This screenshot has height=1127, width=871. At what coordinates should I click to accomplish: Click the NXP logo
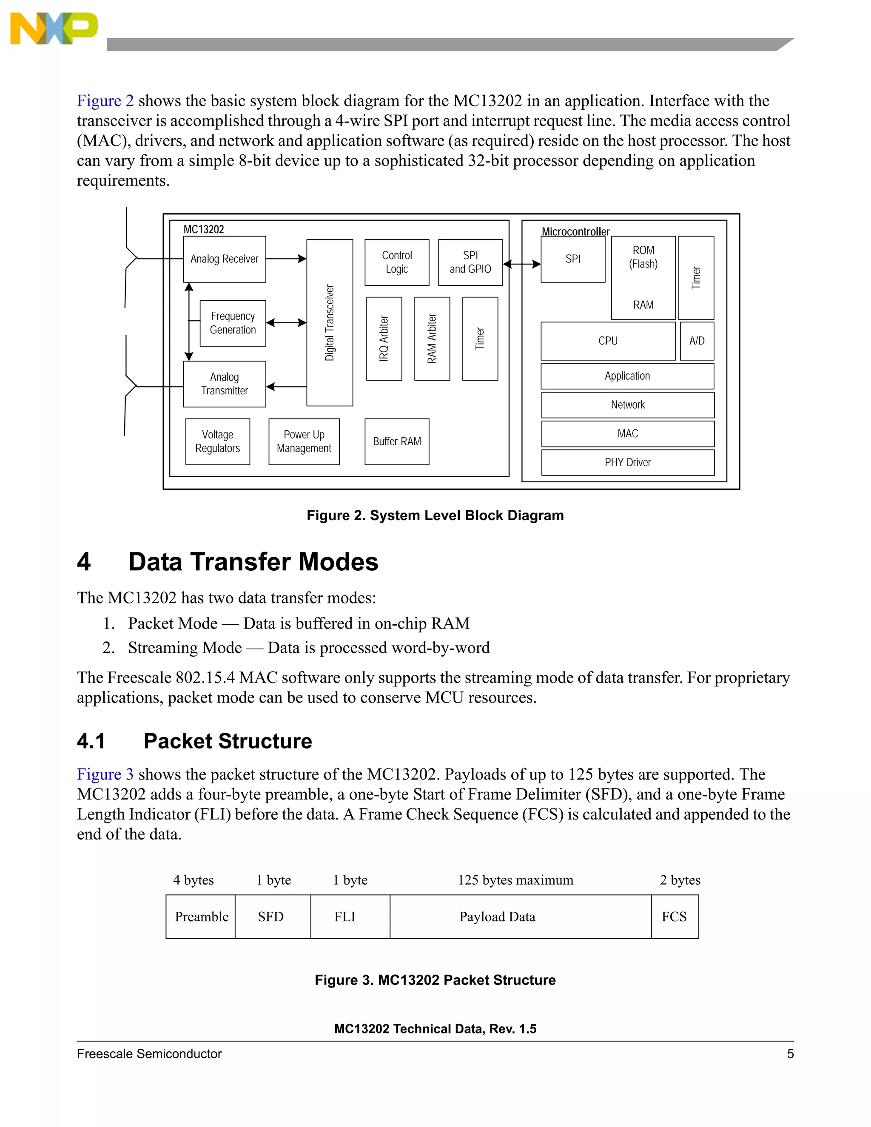54,28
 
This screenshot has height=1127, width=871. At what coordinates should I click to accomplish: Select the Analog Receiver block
225,259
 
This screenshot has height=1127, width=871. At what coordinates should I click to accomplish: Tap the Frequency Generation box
233,323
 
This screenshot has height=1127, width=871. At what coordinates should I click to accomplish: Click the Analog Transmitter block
225,384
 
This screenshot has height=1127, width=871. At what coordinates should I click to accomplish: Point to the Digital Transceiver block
330,322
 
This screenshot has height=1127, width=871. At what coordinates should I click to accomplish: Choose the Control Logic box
397,262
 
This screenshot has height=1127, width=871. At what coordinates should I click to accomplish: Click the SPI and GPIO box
470,262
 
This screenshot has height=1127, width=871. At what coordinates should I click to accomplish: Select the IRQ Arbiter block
384,339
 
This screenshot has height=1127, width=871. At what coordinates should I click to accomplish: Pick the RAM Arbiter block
432,339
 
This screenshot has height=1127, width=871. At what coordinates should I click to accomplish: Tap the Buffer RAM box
397,442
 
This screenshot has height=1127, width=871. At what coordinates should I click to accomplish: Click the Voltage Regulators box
218,442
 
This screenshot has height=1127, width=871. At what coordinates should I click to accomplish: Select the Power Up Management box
304,442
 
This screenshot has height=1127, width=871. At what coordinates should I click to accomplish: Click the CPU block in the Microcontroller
608,341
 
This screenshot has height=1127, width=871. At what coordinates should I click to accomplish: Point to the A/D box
697,341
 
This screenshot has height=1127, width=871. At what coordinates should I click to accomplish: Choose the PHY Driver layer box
627,462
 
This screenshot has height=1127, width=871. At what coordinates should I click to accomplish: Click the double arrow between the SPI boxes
522,264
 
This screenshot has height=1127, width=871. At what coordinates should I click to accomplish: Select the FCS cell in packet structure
675,916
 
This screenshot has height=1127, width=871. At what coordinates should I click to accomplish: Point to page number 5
790,1054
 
